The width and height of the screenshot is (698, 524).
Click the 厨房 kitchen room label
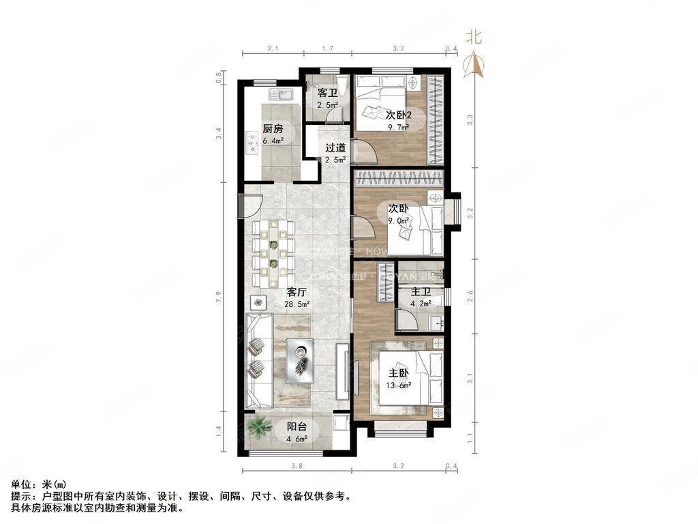coord(273,128)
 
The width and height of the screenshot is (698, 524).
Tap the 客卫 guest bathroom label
coord(328,93)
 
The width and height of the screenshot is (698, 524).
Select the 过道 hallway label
coord(335,147)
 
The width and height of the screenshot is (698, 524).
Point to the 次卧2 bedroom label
coord(398,115)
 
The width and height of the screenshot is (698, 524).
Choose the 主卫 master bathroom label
coord(420,292)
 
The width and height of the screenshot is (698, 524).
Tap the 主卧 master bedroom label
coord(399,373)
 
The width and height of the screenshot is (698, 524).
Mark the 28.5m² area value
coord(299,304)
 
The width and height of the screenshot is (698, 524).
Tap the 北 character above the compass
coord(474,38)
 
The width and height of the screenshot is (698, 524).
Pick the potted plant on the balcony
coord(258,428)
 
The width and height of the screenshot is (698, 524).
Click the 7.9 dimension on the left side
coord(219,298)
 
